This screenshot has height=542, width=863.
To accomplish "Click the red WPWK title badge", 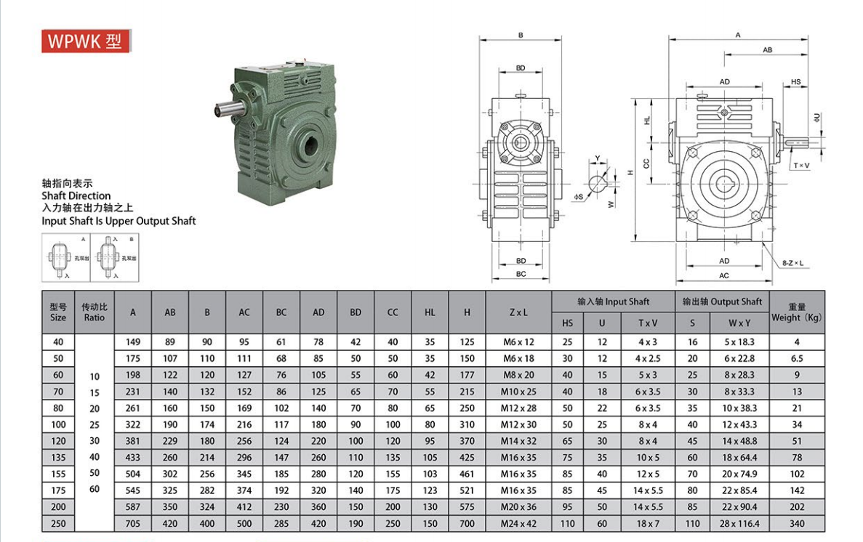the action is point(86,41).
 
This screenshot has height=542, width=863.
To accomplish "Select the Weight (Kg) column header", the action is point(796,312).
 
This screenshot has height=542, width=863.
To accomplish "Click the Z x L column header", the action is point(518,312).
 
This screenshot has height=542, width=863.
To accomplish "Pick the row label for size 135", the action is point(58,457).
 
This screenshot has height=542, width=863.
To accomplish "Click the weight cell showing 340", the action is point(796,523).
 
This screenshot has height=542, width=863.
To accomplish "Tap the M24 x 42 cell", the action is point(518,523).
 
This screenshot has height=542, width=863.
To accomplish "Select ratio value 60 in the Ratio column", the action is point(95,489).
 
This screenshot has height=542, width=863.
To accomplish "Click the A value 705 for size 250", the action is point(132,523).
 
